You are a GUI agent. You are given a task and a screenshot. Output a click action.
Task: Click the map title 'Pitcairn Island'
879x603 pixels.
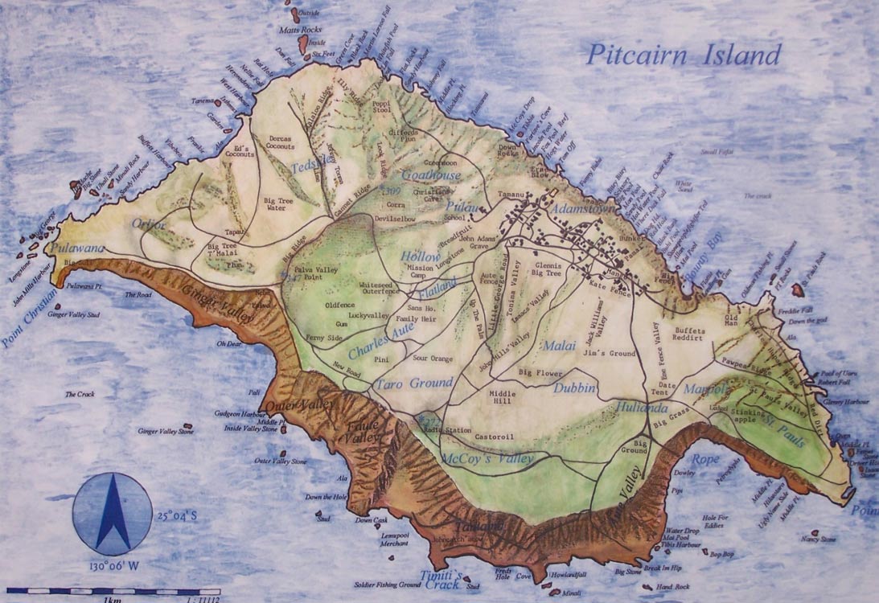(683, 55)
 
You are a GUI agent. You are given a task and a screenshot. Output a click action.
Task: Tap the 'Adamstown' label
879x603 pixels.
(585, 209)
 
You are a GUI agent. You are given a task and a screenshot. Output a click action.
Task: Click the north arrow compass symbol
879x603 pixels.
(113, 513)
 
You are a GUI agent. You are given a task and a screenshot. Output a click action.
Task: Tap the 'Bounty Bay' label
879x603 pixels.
(703, 258)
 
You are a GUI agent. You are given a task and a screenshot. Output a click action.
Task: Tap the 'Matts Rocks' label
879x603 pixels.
(299, 30)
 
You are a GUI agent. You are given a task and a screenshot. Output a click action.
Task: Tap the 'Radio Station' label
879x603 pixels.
(447, 431)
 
